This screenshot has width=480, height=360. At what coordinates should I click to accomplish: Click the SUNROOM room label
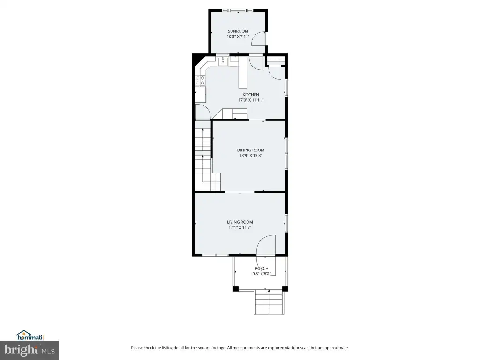click(238, 31)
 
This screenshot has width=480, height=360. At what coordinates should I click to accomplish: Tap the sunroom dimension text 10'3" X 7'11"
click(238, 37)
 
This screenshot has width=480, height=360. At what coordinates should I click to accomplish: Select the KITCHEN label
click(251, 95)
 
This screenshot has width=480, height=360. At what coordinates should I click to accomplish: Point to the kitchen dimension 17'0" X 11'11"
click(251, 100)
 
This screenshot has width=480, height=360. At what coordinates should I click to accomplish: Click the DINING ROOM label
click(250, 150)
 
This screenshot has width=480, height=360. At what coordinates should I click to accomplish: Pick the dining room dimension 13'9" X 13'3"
click(250, 156)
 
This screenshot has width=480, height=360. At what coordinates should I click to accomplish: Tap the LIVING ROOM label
click(240, 222)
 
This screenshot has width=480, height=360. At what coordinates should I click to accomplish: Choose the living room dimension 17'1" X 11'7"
click(240, 227)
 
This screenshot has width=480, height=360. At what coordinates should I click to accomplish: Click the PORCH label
click(262, 269)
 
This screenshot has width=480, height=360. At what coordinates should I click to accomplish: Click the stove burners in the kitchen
click(200, 81)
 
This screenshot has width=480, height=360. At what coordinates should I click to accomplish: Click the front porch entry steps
click(269, 301)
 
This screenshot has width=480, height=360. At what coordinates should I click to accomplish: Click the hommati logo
click(30, 336)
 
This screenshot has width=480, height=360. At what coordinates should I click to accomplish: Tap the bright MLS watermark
click(30, 350)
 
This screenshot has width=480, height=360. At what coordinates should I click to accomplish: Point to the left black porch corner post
click(236, 289)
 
